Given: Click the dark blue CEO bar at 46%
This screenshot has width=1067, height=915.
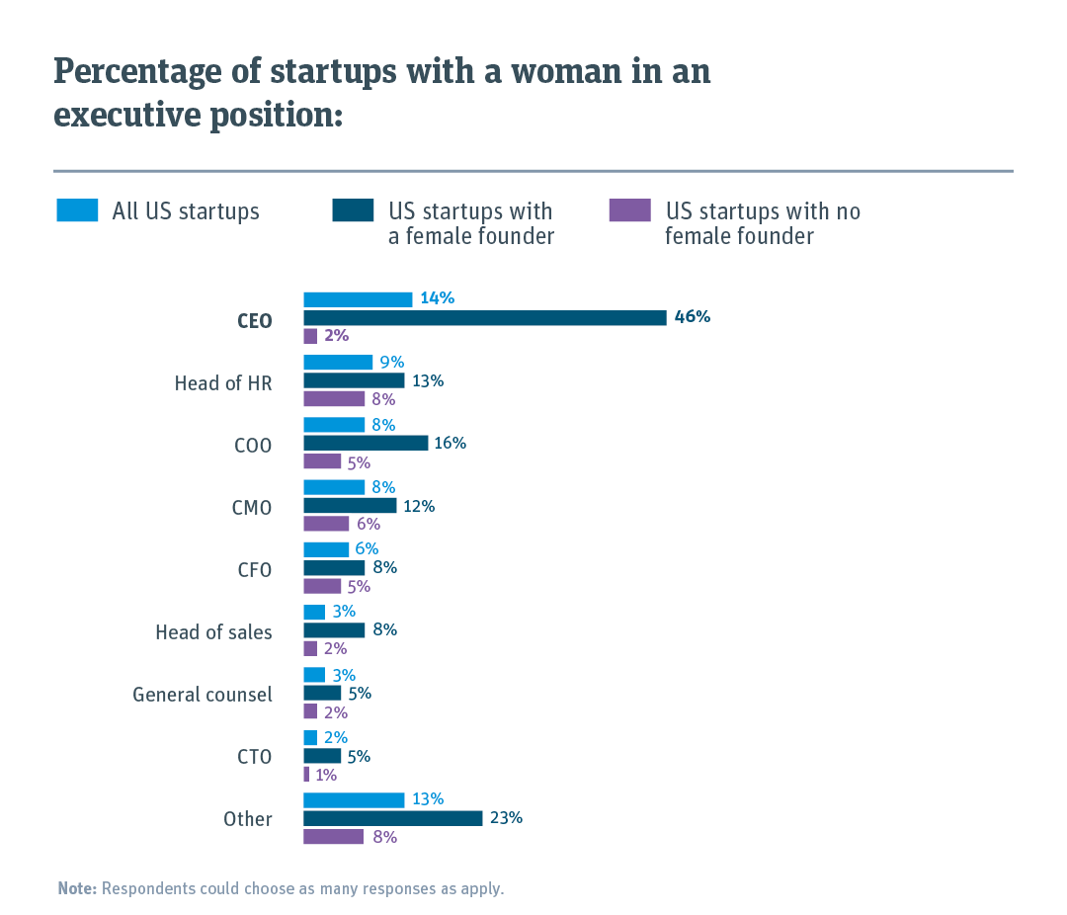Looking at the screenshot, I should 484,317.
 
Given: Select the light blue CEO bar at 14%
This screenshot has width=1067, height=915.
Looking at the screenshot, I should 358,299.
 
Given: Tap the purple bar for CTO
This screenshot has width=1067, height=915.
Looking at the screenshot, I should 306,775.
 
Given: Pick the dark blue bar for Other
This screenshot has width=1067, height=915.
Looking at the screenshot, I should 392,818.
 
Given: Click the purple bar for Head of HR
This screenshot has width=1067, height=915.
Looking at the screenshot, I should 334,399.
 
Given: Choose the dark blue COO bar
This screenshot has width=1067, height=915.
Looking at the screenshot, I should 366,443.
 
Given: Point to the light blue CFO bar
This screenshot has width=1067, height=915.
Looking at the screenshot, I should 326,549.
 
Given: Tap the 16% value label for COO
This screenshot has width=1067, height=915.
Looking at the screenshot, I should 451,443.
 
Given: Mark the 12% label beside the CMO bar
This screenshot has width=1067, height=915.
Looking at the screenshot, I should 419,506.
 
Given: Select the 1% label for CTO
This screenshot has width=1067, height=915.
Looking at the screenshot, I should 326,776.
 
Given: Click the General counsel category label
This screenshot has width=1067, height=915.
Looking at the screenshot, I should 203,695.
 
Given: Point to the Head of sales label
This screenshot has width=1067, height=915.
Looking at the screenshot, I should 213,632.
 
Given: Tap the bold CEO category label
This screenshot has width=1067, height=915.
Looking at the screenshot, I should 254,321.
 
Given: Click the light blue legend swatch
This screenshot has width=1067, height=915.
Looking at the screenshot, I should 77,210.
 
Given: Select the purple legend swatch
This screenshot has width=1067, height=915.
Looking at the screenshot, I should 630,210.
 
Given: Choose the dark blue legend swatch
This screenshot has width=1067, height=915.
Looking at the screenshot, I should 354,210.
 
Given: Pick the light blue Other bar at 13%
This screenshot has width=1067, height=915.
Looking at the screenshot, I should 354,799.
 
